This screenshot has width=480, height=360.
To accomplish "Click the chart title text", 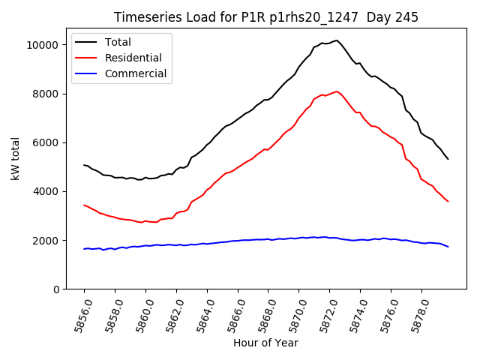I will [265, 17].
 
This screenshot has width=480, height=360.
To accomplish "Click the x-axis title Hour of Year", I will [265, 343].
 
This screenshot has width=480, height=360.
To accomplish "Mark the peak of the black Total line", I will [337, 40].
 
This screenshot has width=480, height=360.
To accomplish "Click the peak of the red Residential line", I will [337, 91].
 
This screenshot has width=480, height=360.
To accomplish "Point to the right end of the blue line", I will [448, 247].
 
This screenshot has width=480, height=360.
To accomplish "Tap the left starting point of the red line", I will [84, 205].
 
